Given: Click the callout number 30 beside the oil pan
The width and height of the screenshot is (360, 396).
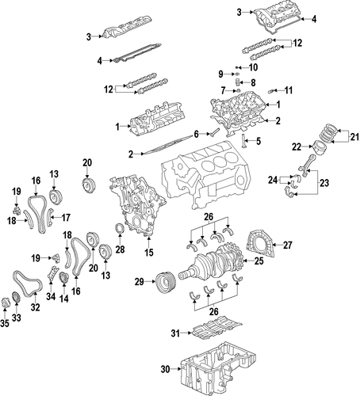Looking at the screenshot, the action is pos(165,369).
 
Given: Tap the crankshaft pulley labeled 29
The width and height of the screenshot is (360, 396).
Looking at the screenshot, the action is pos(165,283).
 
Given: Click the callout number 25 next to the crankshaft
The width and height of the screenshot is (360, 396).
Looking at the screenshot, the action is pos(259,261).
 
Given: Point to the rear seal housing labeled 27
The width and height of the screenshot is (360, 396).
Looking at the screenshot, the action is pos(261,243).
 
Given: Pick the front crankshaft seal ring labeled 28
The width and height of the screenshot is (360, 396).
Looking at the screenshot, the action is pos(120,229).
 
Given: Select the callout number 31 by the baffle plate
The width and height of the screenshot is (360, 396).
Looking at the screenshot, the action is pos(175,333).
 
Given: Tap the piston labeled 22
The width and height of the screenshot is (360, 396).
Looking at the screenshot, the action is pos(319,147).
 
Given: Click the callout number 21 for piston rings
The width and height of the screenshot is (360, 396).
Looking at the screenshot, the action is pos(355,137).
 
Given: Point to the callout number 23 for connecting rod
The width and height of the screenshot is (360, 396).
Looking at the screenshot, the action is pos(324,183).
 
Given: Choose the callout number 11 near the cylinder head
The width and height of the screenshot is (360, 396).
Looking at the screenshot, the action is pos(289,90).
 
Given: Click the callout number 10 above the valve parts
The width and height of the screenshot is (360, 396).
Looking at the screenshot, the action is pos(253,67).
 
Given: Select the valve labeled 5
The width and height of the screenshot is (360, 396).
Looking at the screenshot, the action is pos(243,141).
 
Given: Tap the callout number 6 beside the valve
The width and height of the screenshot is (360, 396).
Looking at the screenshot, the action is pos(196,134).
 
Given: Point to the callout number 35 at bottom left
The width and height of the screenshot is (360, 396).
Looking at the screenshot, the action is pos(5,323).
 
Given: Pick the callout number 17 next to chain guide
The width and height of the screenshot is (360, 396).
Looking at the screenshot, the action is pos(66,218).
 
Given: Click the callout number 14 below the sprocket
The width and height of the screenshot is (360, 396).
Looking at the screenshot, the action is pos(64,299).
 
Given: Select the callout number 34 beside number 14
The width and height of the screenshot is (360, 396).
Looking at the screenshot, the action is pos(51,296).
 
